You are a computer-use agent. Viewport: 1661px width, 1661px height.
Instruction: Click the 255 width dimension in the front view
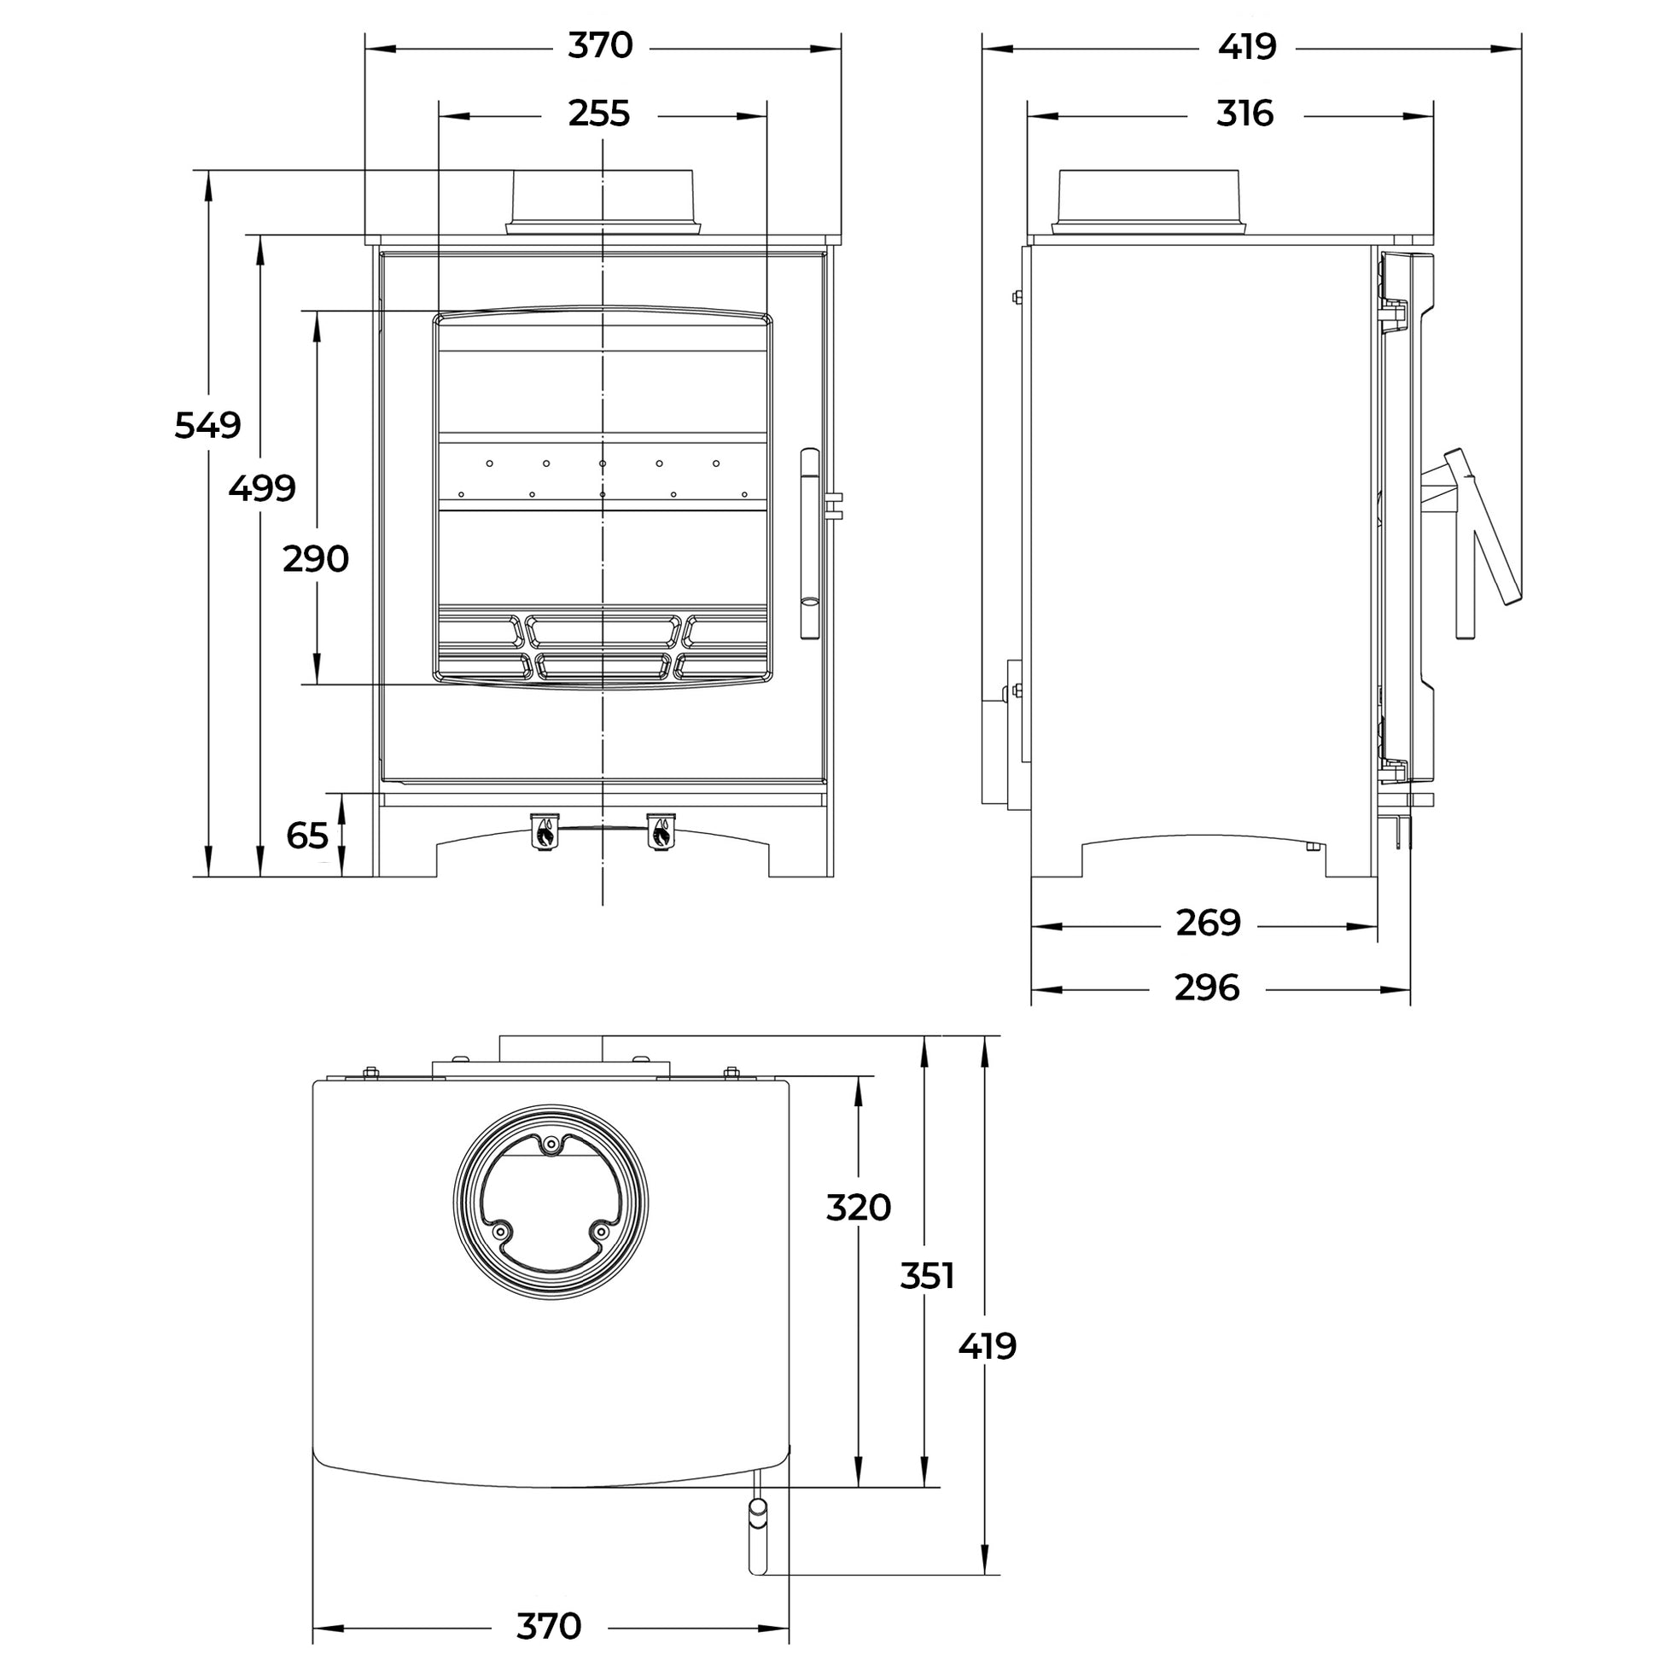click(599, 114)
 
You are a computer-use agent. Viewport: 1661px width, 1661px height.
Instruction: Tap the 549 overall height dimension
click(207, 426)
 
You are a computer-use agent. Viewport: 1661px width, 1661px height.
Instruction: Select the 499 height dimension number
click(262, 489)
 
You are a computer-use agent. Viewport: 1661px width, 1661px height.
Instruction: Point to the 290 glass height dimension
click(316, 560)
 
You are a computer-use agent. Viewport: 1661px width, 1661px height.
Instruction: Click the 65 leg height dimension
click(308, 836)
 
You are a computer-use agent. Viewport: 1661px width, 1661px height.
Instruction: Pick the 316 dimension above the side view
click(1244, 114)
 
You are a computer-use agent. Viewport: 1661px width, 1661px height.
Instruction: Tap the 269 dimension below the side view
click(1208, 924)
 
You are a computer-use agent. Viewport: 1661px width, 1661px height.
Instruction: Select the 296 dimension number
click(1207, 988)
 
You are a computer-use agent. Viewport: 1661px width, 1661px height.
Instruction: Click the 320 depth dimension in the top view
click(858, 1208)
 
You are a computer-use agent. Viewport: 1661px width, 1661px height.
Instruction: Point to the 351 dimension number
click(928, 1276)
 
